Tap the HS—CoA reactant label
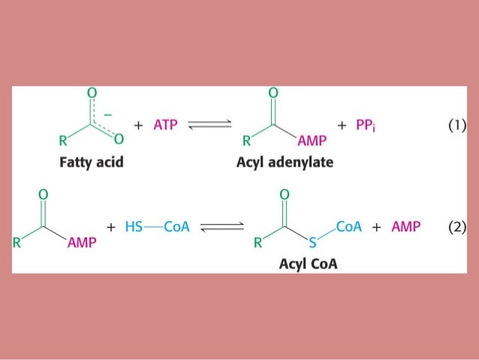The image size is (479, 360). [x=150, y=226]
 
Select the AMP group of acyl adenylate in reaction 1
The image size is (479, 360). [x=309, y=141]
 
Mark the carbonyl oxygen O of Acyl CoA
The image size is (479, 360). [x=283, y=194]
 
